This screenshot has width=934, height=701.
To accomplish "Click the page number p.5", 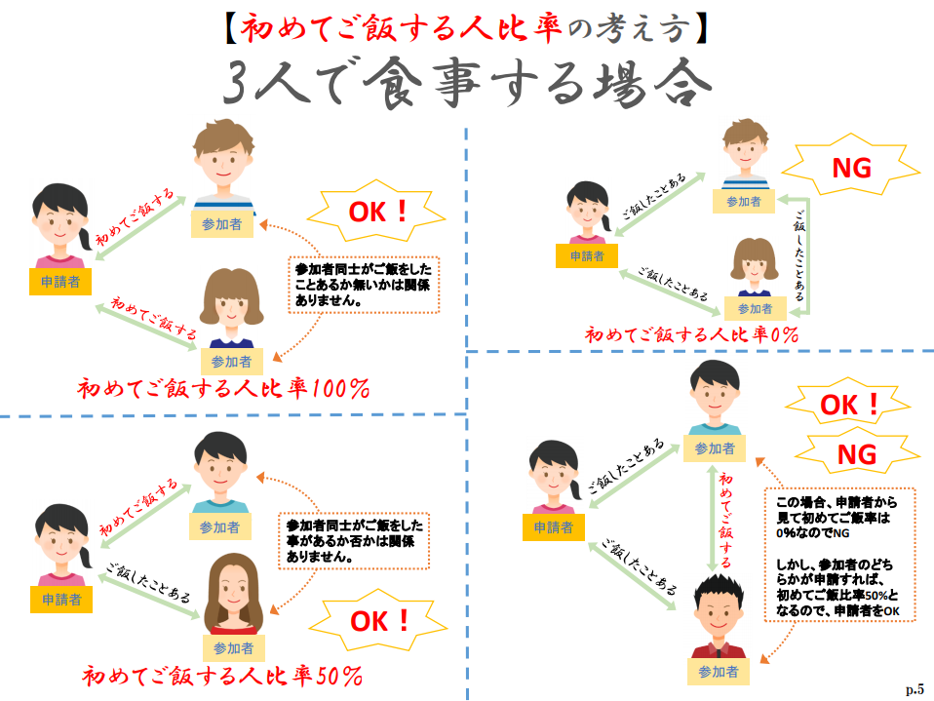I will tap(915, 688).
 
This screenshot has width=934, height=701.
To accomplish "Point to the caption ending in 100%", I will tap(223, 389).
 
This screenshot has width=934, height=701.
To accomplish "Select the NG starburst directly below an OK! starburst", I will tap(856, 453).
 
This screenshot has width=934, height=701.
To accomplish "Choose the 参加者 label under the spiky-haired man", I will tap(719, 672).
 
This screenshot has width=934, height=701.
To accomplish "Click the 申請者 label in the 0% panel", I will tap(580, 255).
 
